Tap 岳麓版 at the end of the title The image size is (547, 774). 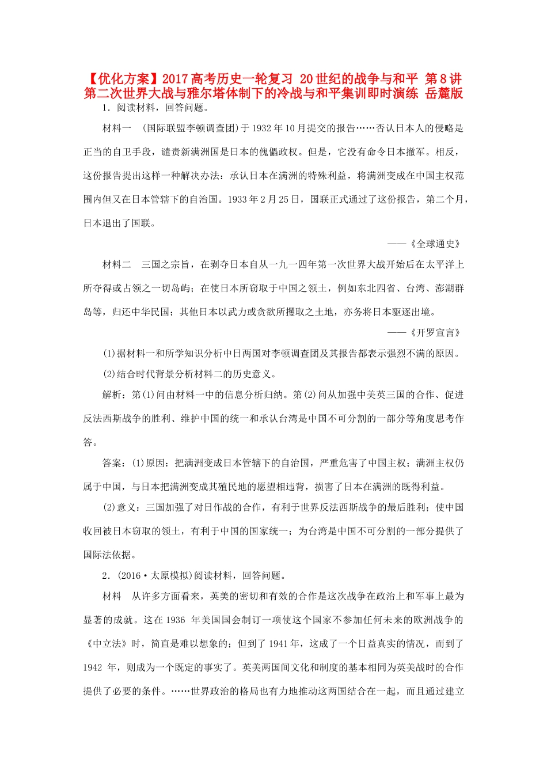444,93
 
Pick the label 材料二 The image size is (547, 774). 117,264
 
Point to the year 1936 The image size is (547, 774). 175,620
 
